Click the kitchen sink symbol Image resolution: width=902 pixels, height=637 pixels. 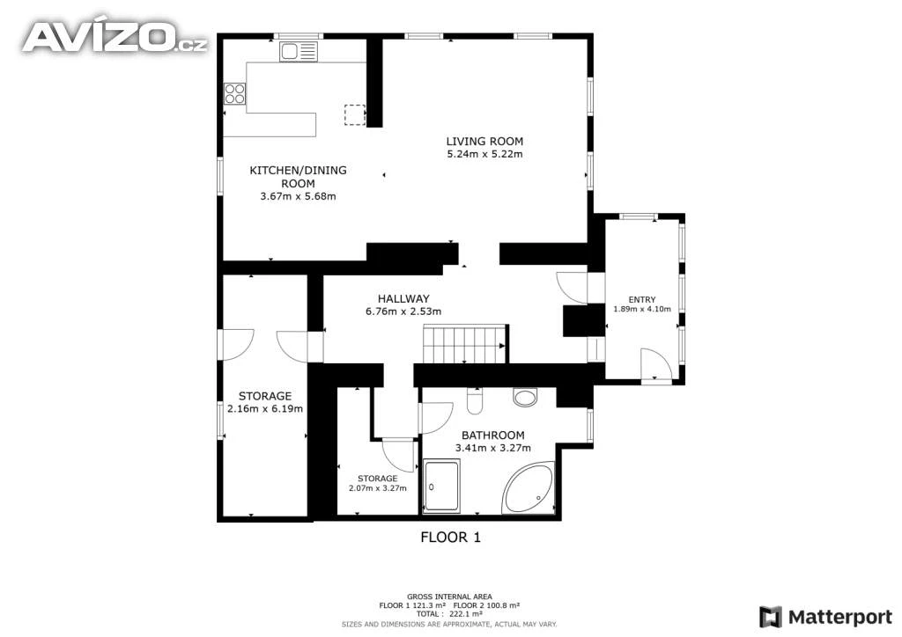(x=298, y=52)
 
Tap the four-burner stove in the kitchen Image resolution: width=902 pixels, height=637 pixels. (x=234, y=93)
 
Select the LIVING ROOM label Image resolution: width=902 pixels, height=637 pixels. (x=484, y=142)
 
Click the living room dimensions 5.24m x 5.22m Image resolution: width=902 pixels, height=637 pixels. (x=484, y=154)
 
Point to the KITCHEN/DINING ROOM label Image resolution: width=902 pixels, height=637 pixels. (x=298, y=177)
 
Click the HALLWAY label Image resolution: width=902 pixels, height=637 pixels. (x=403, y=298)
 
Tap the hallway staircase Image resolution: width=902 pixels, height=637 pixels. (x=465, y=344)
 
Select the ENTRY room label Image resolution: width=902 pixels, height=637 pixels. (x=642, y=300)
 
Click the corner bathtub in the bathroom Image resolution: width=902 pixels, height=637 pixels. (x=529, y=487)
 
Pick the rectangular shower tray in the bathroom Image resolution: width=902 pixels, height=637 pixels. (x=441, y=486)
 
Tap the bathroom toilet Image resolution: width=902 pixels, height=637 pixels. (x=474, y=401)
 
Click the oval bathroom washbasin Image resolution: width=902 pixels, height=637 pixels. (x=525, y=397)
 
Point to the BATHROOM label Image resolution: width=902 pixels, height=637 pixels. (x=493, y=436)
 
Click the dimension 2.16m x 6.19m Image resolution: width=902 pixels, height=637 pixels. (x=264, y=409)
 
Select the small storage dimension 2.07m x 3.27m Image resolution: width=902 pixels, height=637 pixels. (x=377, y=488)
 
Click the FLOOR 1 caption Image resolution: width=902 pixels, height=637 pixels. (x=450, y=537)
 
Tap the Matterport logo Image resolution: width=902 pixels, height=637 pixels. (x=824, y=618)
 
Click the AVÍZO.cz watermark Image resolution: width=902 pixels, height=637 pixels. (x=115, y=37)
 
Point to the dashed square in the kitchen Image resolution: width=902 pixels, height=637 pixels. (x=354, y=115)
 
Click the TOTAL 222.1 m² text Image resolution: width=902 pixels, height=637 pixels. (x=449, y=614)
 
